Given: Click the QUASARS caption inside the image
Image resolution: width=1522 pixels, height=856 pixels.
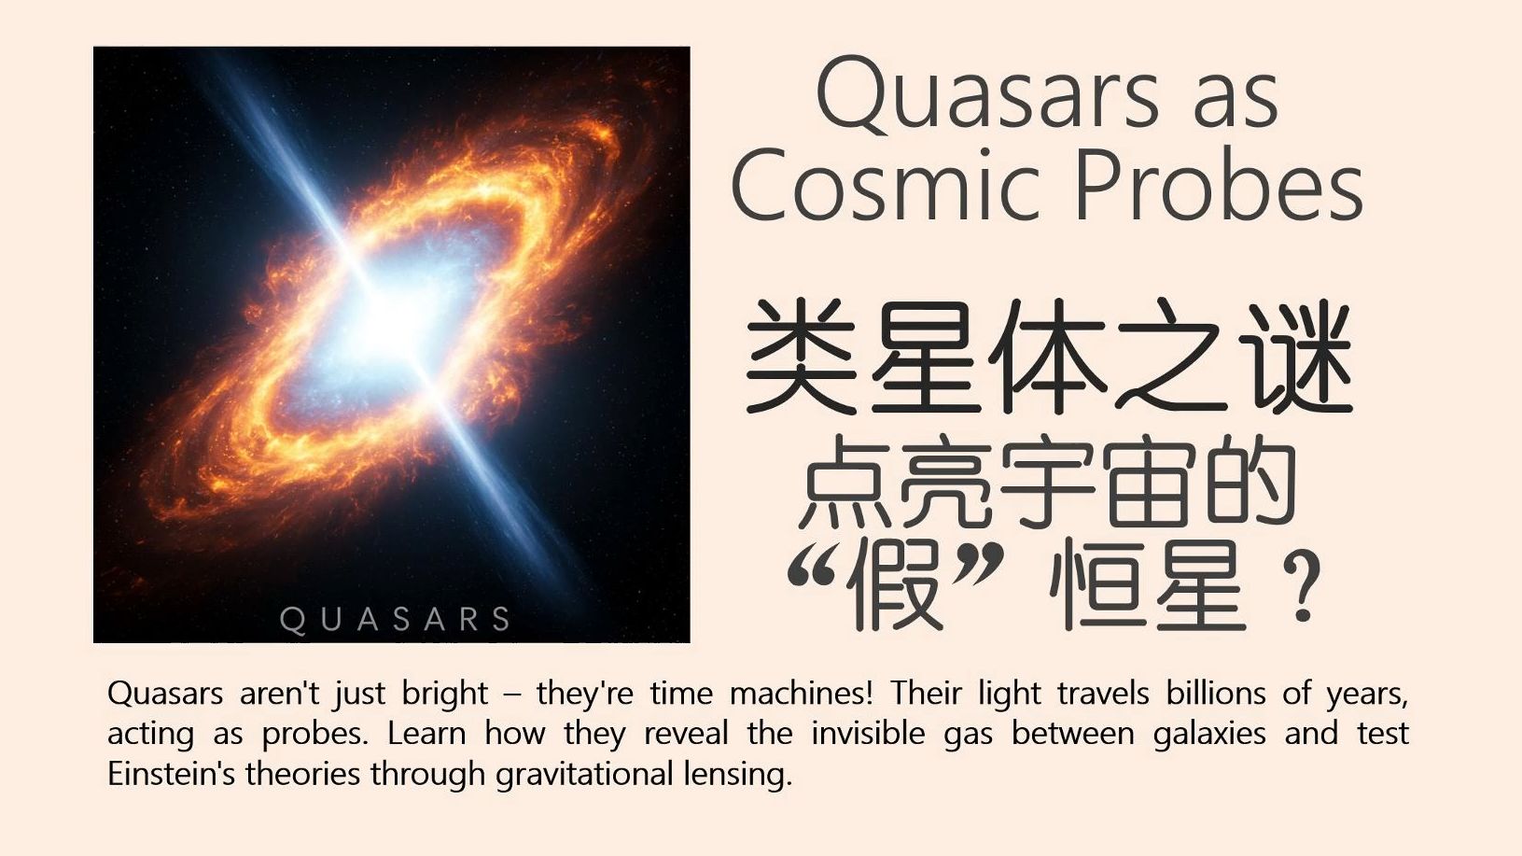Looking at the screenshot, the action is tap(395, 620).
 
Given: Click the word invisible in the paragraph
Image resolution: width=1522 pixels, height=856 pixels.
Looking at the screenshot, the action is tap(869, 734).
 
